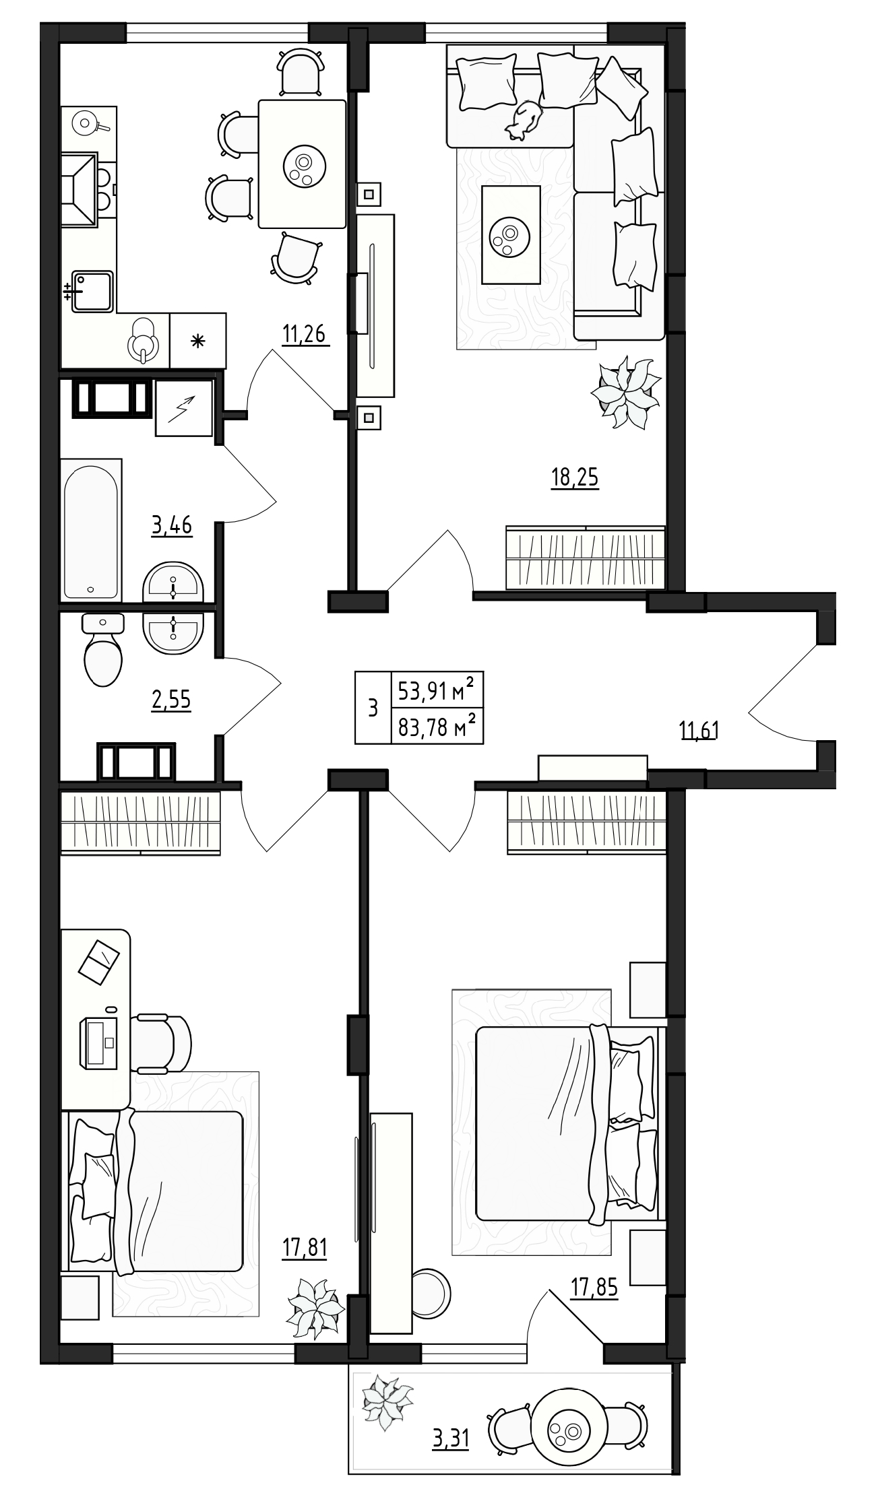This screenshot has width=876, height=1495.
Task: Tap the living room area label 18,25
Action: pyautogui.click(x=575, y=477)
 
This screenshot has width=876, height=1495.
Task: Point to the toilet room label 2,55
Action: pyautogui.click(x=170, y=700)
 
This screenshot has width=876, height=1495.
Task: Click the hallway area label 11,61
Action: pyautogui.click(x=699, y=730)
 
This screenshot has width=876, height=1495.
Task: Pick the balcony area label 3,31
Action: pyautogui.click(x=450, y=1439)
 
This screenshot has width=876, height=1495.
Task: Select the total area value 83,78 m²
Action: pyautogui.click(x=437, y=727)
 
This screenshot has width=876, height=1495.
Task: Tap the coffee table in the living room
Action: pyautogui.click(x=511, y=234)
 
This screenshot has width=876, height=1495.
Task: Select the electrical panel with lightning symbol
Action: pyautogui.click(x=184, y=407)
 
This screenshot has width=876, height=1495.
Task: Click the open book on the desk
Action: pyautogui.click(x=99, y=960)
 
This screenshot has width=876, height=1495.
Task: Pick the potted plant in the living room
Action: pyautogui.click(x=626, y=393)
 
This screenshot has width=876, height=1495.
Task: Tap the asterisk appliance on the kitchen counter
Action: pyautogui.click(x=197, y=341)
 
